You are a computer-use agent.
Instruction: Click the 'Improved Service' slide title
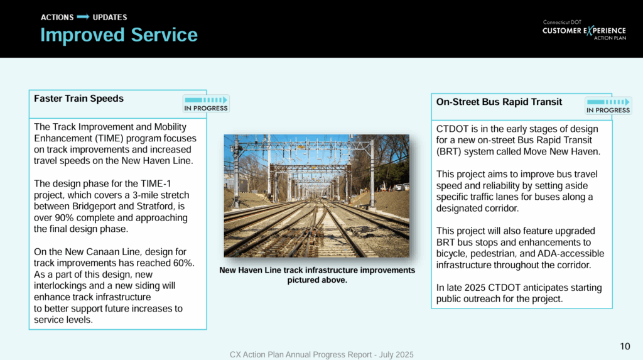(x=119, y=35)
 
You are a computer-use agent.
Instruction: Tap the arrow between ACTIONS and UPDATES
(x=83, y=17)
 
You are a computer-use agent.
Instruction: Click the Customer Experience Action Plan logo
(x=584, y=30)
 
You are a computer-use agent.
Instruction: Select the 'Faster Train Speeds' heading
(x=78, y=99)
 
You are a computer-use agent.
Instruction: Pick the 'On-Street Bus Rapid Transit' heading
(x=499, y=102)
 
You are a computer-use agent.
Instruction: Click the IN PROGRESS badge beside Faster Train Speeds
(x=206, y=104)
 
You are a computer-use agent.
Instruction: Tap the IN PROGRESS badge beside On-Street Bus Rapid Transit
(x=608, y=106)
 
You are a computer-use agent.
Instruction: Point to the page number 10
(x=625, y=346)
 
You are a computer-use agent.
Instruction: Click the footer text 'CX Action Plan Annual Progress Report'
(x=301, y=355)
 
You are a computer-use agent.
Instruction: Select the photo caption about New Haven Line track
(x=317, y=275)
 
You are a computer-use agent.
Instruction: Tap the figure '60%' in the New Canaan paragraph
(x=184, y=263)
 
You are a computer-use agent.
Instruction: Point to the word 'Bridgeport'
(x=94, y=206)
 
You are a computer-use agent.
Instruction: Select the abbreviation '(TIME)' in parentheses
(x=112, y=138)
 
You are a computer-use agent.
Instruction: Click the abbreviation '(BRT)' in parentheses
(x=449, y=151)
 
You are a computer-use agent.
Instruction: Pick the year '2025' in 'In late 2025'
(x=475, y=287)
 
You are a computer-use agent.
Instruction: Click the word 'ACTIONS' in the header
(x=57, y=17)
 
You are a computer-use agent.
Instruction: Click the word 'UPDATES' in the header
(x=110, y=17)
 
